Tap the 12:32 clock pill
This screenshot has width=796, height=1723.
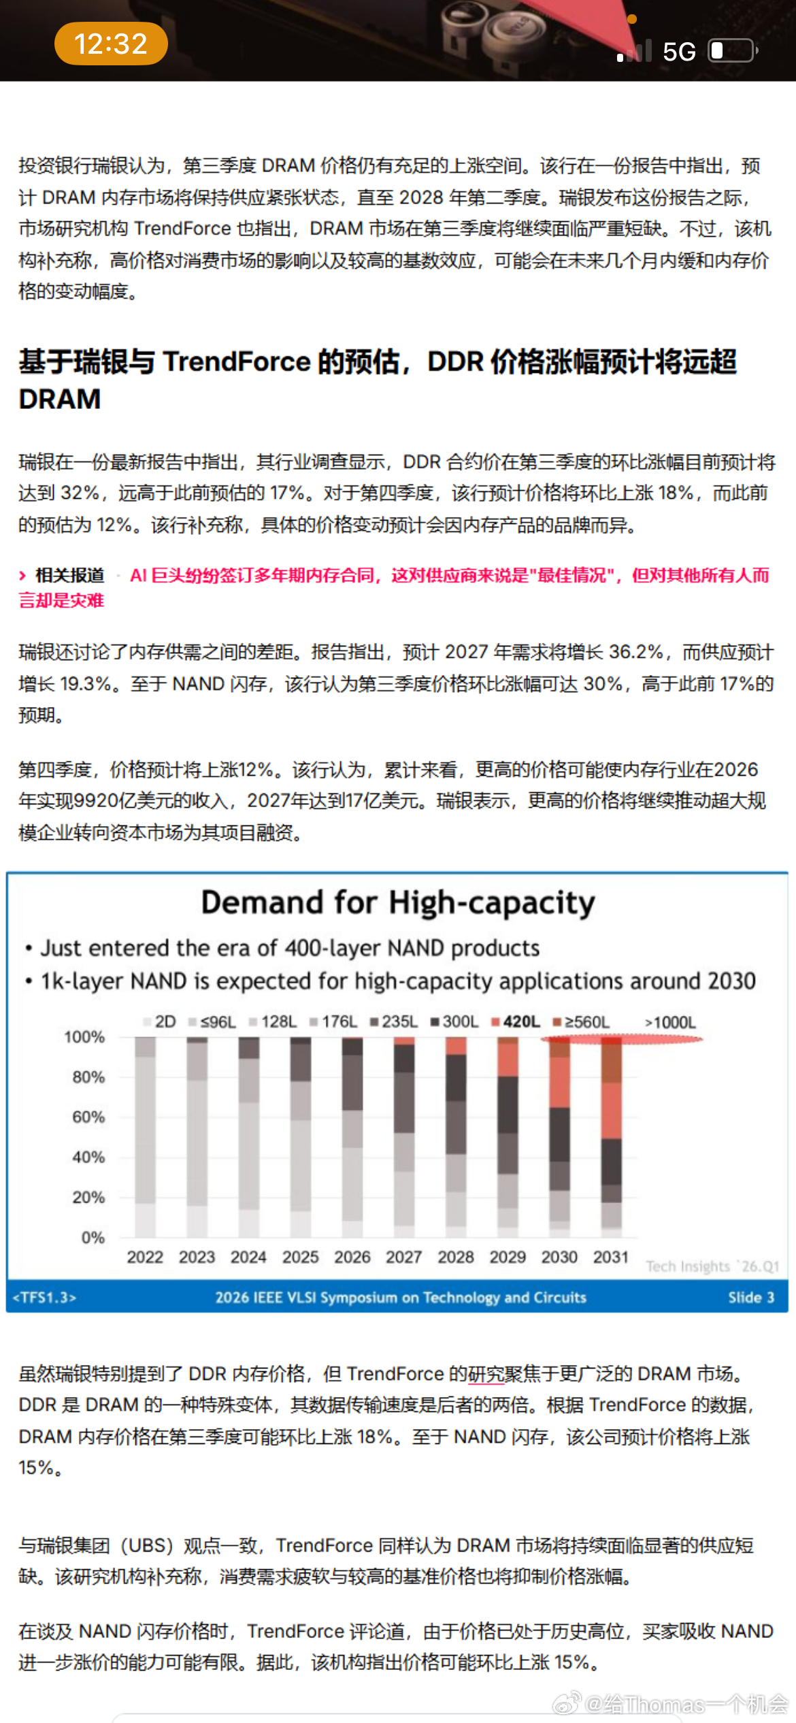tap(111, 44)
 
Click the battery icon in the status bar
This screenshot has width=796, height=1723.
tap(733, 50)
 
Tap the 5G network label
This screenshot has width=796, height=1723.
tap(679, 52)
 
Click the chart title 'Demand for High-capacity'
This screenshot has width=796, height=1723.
tap(398, 903)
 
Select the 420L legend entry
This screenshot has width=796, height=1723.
tap(516, 1021)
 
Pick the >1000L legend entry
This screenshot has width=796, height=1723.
tap(670, 1022)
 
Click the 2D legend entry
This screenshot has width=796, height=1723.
tap(160, 1021)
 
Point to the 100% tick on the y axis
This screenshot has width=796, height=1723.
tap(84, 1037)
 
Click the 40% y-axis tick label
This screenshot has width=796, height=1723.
tap(88, 1157)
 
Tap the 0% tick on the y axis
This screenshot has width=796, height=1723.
tap(93, 1237)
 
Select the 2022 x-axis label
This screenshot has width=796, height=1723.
tap(145, 1257)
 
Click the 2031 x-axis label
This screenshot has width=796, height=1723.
tap(611, 1257)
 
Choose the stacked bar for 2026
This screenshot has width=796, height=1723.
tap(352, 1137)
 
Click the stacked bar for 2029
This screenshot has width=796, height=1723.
tap(508, 1137)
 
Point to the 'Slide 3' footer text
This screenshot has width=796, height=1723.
tap(751, 1297)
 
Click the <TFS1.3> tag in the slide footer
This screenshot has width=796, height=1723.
tap(45, 1297)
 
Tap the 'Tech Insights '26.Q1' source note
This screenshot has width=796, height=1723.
tap(712, 1266)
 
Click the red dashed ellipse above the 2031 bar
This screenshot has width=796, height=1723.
tap(622, 1039)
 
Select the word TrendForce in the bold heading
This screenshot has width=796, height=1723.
tap(237, 361)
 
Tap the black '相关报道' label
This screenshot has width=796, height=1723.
tap(69, 575)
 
